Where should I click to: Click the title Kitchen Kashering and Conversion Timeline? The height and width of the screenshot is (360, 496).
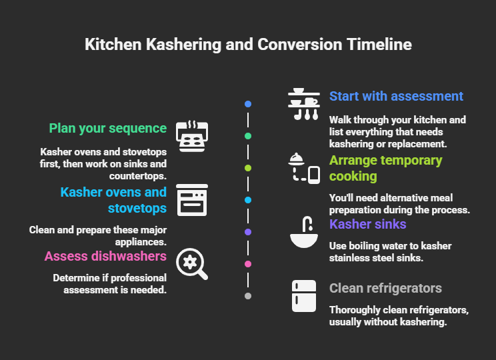(x=248, y=45)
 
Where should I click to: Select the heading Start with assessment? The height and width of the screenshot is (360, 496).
(x=396, y=96)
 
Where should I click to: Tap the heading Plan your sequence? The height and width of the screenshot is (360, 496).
(x=107, y=128)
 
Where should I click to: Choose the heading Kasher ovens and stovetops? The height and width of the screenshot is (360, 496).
(x=113, y=200)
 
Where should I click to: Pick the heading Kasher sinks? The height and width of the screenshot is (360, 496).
(x=368, y=224)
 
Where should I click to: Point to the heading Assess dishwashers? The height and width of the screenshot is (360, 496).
(x=105, y=256)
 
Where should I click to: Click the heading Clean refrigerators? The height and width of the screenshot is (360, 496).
(x=385, y=288)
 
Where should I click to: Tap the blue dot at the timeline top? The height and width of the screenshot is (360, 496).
(x=248, y=104)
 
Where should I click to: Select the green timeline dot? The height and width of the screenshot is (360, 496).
(x=248, y=136)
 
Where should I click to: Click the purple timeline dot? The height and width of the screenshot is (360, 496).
(x=248, y=232)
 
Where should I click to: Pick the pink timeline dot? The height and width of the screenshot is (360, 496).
(x=248, y=264)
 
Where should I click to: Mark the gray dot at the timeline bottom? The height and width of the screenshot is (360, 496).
(x=248, y=296)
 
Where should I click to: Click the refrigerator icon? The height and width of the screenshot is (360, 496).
(x=304, y=296)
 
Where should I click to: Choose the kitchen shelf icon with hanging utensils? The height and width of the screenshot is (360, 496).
(x=304, y=104)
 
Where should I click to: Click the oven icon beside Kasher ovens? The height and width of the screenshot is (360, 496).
(x=192, y=200)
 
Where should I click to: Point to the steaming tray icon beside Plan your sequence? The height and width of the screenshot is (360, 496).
(x=192, y=136)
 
